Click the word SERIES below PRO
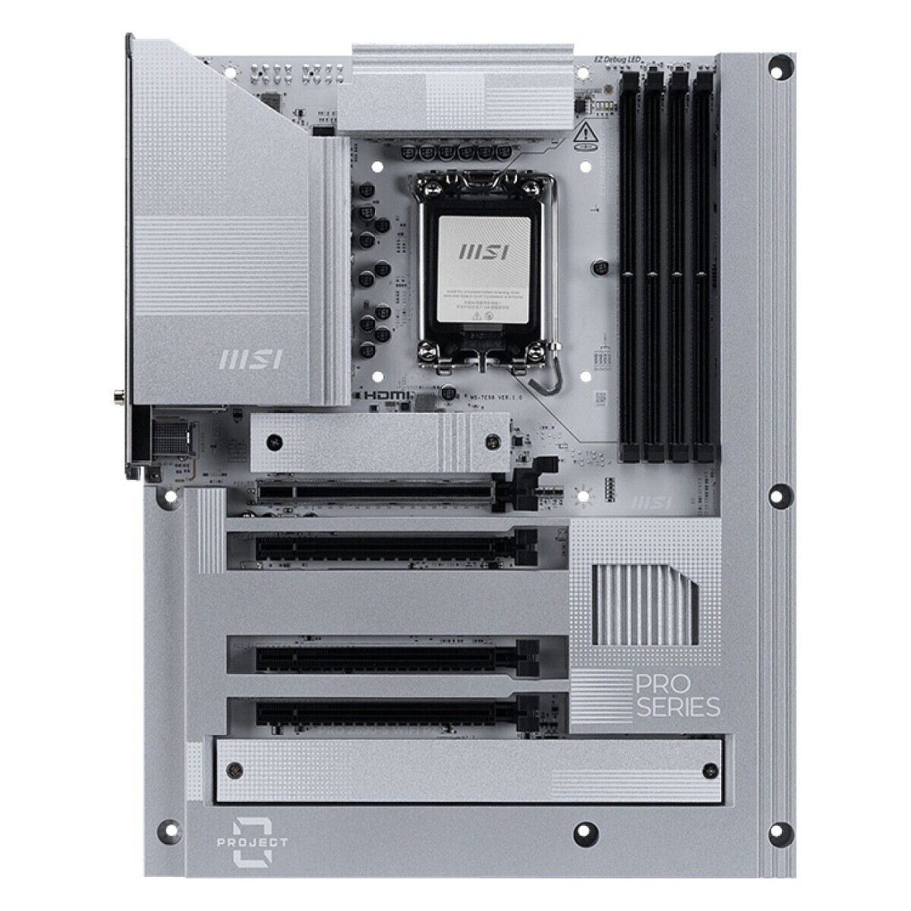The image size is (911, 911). point(677,708)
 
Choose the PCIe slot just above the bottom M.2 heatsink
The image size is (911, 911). point(395,714)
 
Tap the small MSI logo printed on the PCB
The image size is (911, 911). point(652,502)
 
